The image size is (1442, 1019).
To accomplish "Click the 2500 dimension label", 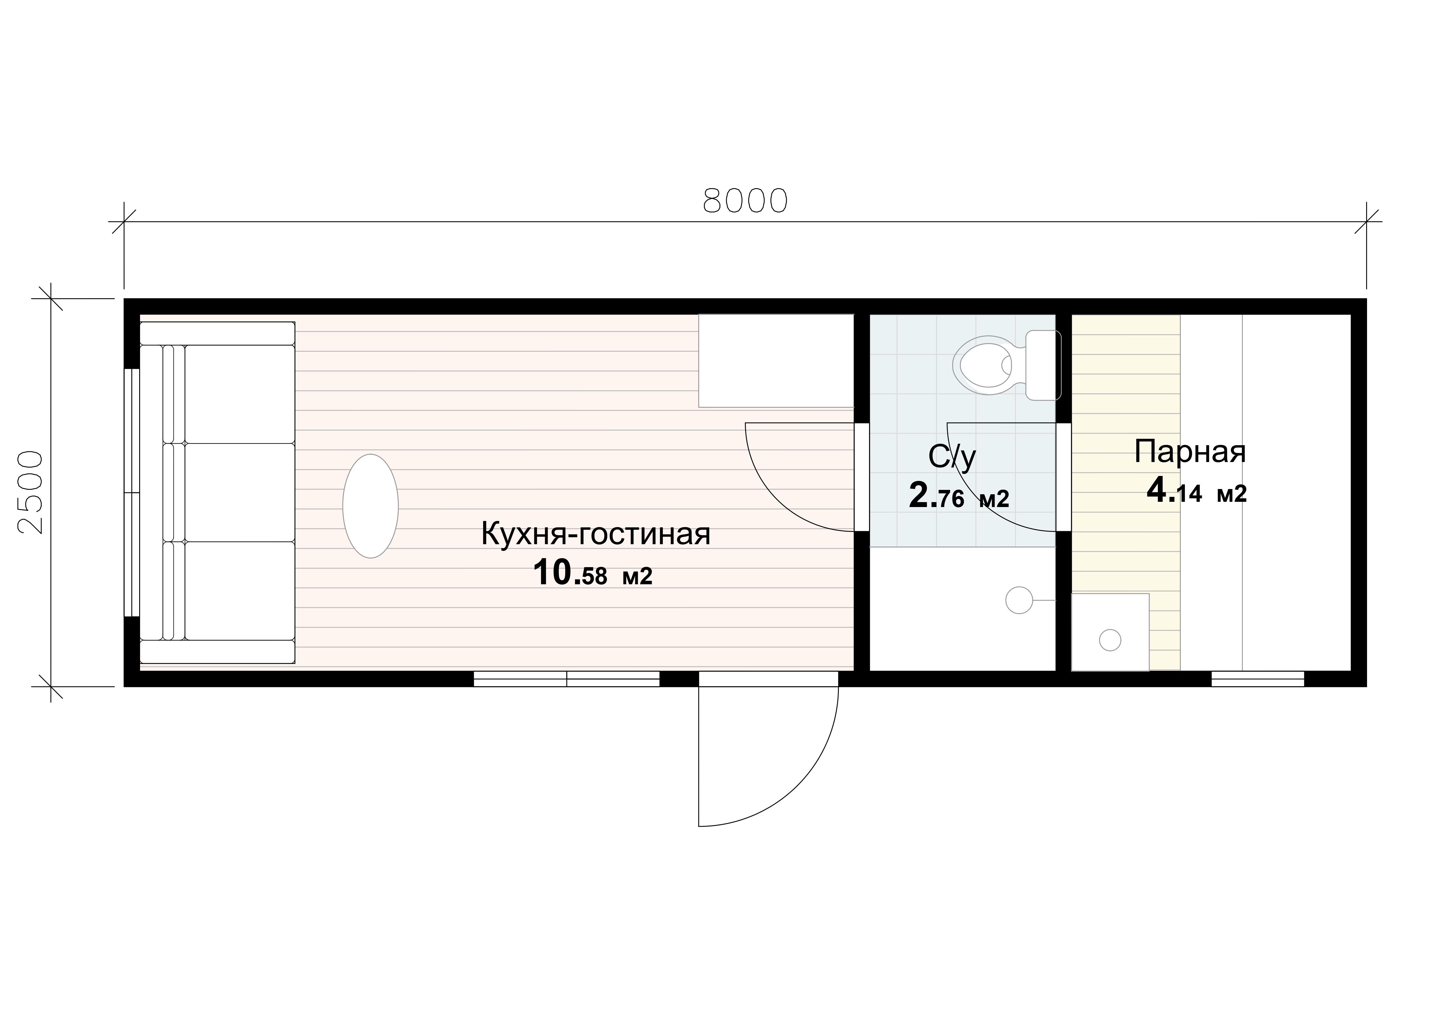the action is click(x=30, y=492).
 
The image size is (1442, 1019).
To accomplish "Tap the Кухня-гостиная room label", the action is click(x=595, y=534).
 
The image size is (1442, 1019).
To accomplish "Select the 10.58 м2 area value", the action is click(x=593, y=573).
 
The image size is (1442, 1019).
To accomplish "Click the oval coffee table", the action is click(x=370, y=506).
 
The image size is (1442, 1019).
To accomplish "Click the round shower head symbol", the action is click(x=1019, y=600).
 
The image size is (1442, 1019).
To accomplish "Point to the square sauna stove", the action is click(x=1110, y=632).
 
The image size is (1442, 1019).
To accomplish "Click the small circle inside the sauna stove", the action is click(x=1110, y=640).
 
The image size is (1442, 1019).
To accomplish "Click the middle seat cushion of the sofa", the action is click(x=240, y=493).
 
